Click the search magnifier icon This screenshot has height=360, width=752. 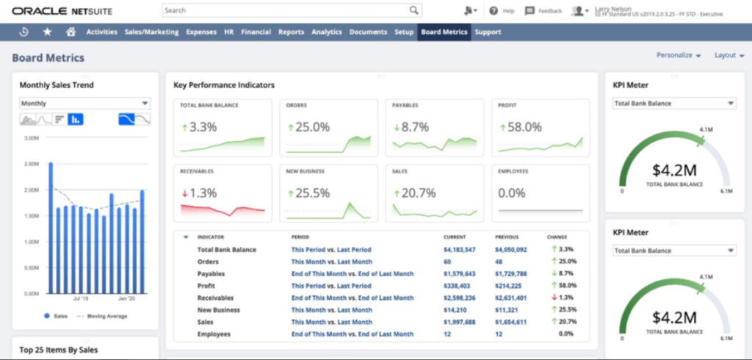414,11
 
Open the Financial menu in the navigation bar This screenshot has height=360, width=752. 256,32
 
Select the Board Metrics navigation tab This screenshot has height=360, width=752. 444,32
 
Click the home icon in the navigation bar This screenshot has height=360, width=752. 70,32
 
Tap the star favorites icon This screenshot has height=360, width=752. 47,32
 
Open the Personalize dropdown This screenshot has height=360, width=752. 679,55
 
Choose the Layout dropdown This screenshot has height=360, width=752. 728,55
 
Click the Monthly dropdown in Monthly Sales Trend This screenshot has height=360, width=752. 84,104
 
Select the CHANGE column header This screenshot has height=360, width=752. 557,237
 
